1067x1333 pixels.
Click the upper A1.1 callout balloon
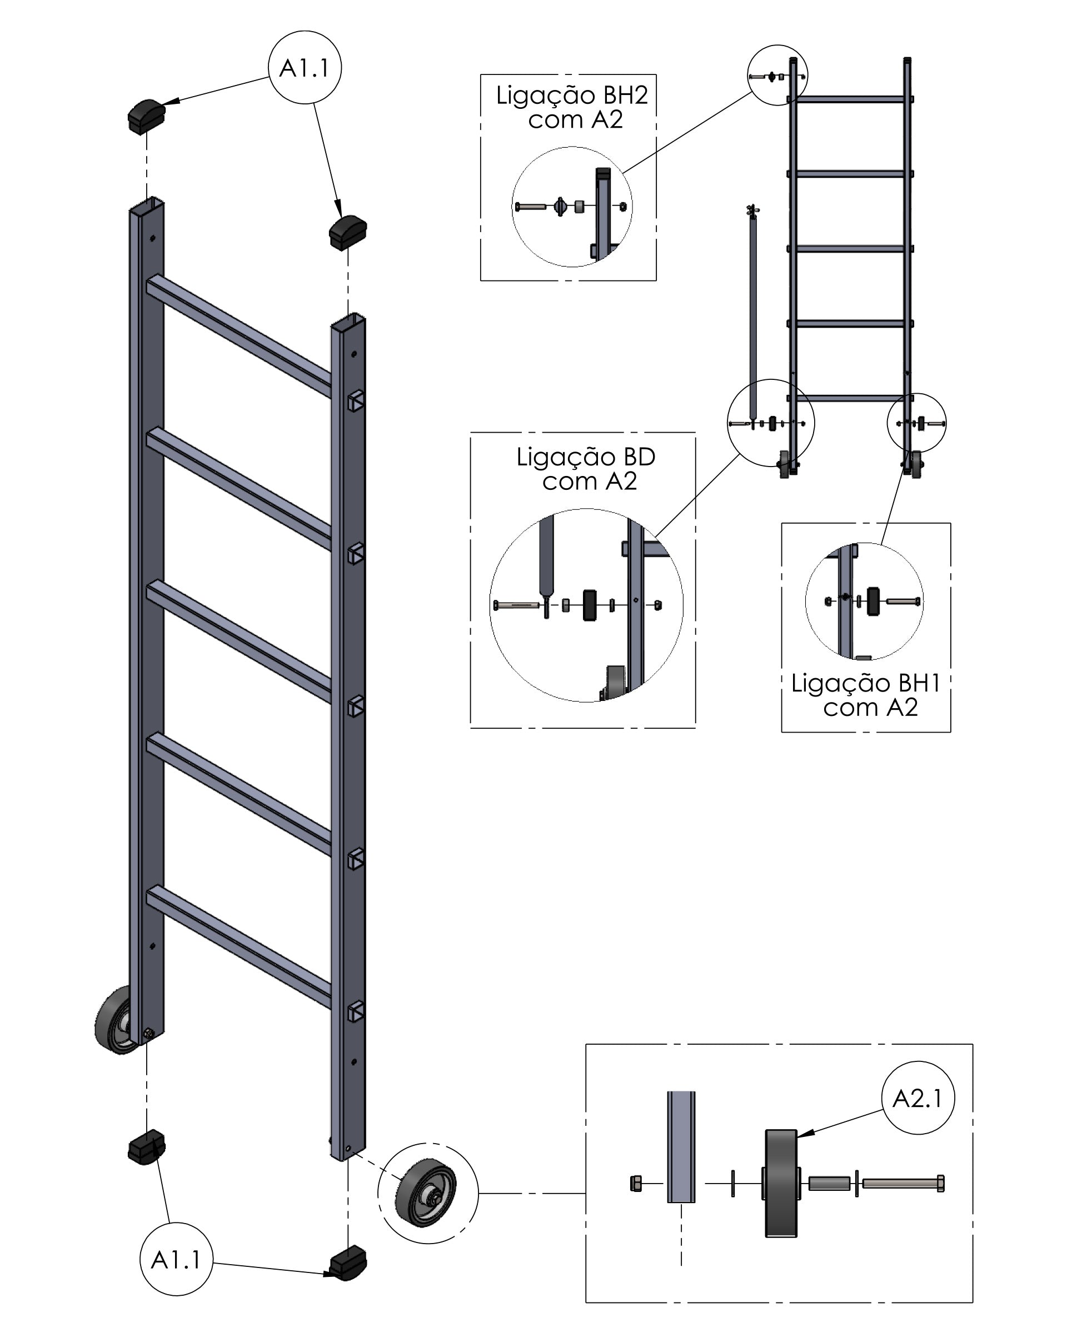305,67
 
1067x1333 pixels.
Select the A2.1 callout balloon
918,1098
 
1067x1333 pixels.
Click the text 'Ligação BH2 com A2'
572,107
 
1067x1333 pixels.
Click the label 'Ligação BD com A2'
586,469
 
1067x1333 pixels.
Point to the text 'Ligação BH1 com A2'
865,695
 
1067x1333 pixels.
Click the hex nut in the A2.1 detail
636,1184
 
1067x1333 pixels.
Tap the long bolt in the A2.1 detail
903,1184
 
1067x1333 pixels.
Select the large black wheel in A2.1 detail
781,1184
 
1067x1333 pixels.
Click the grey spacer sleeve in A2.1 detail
829,1184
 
